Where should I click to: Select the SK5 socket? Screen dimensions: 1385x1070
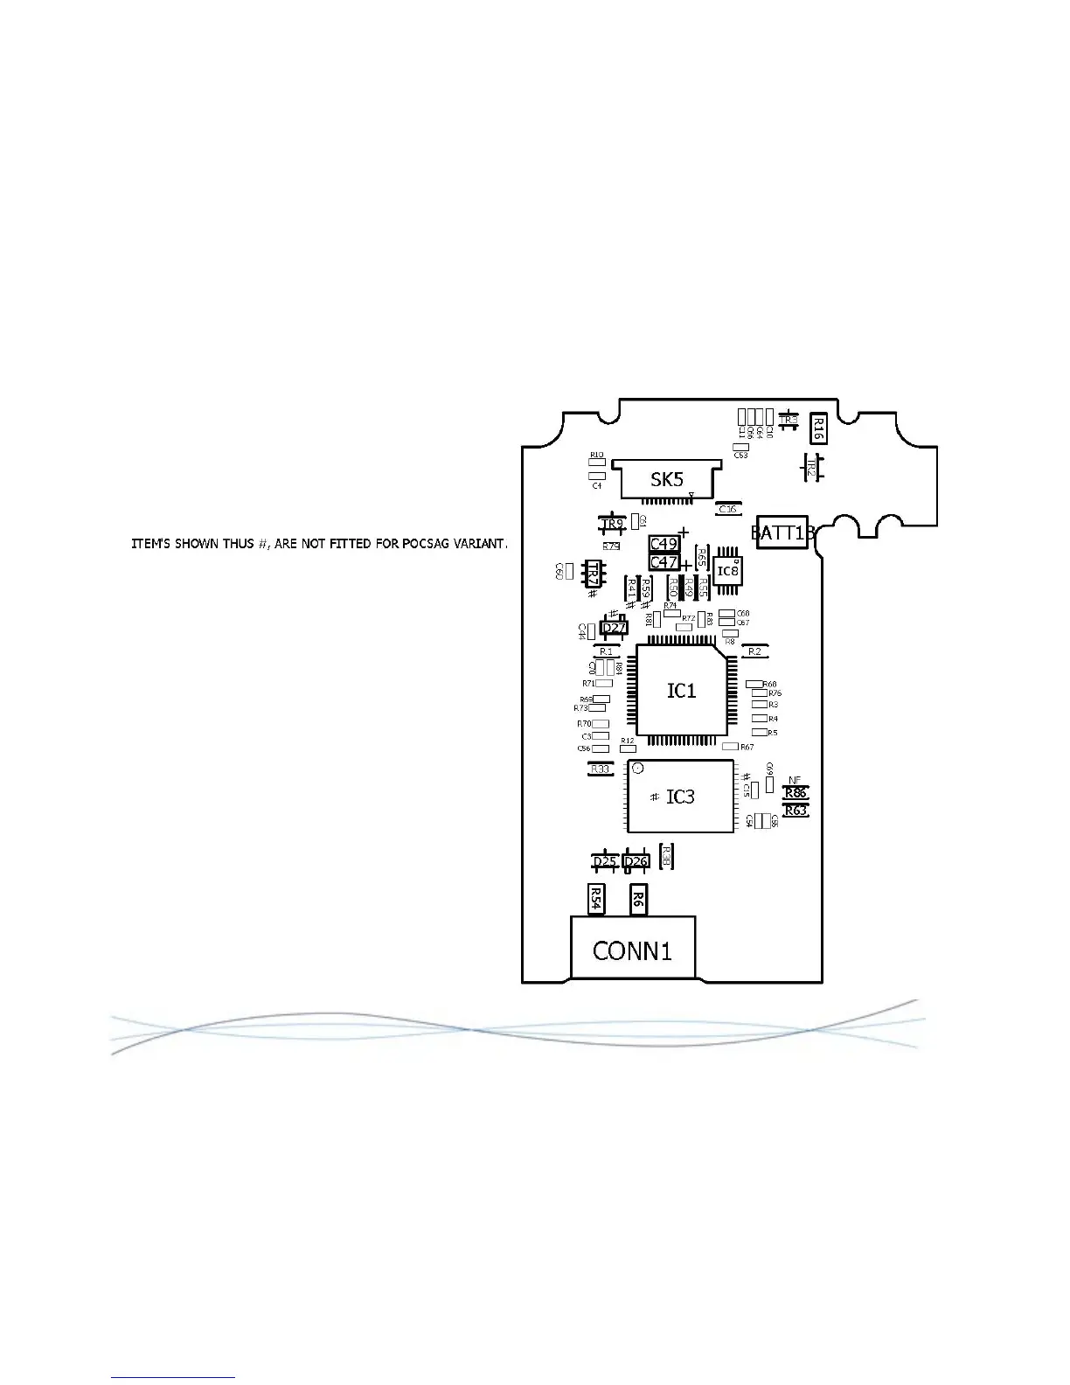pos(666,479)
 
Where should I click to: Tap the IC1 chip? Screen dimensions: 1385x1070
pos(681,691)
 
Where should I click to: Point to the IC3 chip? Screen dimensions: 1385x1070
pos(680,797)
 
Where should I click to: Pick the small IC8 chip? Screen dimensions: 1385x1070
pos(727,571)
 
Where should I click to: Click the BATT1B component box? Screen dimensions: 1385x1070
pos(782,532)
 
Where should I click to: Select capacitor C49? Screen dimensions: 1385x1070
pos(664,545)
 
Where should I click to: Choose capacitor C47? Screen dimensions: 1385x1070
pos(664,562)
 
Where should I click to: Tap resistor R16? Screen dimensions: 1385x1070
pos(819,428)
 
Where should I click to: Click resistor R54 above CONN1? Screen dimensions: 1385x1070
pos(595,899)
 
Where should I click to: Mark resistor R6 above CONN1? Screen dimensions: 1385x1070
pos(639,899)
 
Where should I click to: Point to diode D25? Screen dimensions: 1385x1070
pos(605,861)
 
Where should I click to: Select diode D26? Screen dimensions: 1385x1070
pos(636,861)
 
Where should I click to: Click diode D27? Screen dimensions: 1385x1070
pos(615,628)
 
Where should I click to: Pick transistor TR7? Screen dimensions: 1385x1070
pos(593,574)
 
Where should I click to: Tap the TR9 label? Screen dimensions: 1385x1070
pos(612,525)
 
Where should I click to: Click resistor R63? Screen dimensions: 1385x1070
pos(796,811)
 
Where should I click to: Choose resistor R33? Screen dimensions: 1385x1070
pos(600,769)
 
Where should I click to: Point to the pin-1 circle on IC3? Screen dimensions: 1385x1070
pos(638,769)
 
